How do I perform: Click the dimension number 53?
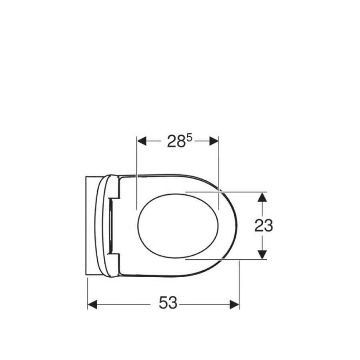[x=168, y=303]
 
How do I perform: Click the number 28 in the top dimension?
[x=176, y=141]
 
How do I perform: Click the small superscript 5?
[x=189, y=138]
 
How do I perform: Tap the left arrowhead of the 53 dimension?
[x=92, y=305]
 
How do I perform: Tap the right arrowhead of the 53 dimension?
[x=234, y=305]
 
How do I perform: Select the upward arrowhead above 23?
[x=262, y=197]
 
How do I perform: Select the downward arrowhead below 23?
[x=262, y=254]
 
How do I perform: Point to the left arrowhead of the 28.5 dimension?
[x=142, y=141]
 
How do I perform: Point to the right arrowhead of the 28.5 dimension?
[x=214, y=141]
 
